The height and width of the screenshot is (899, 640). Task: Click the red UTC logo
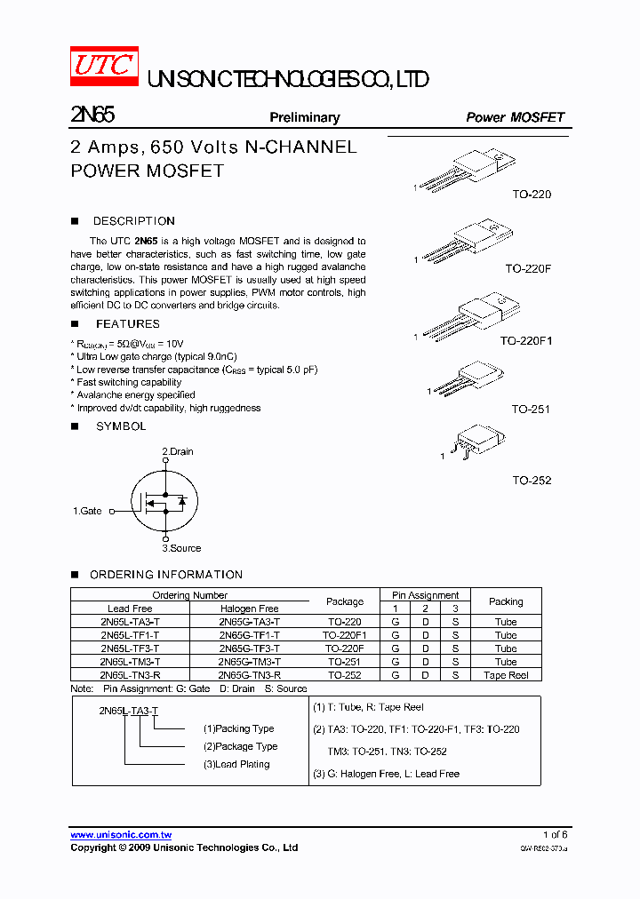(104, 66)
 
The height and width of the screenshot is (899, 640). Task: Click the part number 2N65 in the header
(92, 115)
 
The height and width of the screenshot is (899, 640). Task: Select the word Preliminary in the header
(305, 117)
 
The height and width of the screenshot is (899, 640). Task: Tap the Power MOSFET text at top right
(515, 117)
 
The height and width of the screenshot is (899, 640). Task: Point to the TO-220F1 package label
(525, 340)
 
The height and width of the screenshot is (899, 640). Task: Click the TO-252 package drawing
(476, 441)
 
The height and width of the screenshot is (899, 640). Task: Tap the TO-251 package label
(531, 410)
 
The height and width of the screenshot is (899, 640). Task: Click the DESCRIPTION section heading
(133, 221)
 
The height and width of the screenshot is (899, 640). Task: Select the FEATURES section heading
(127, 324)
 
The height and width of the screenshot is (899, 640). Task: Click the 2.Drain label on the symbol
(178, 451)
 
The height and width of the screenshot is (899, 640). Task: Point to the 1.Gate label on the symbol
(87, 511)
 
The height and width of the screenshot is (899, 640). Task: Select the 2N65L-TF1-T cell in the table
(130, 635)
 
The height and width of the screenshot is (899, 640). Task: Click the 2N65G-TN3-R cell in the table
(249, 675)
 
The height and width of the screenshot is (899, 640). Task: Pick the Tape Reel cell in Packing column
(506, 675)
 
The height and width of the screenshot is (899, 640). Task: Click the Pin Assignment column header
(425, 595)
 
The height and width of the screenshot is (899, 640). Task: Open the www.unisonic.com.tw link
(121, 835)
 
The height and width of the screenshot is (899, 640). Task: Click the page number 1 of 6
(555, 835)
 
